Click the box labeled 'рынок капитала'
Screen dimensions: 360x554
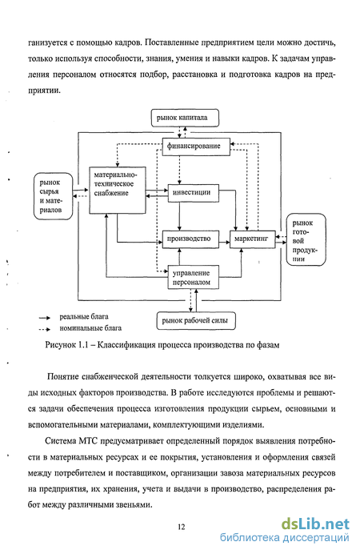(x=185, y=118)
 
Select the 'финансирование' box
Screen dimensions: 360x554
(x=196, y=146)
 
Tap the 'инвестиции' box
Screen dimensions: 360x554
(x=194, y=193)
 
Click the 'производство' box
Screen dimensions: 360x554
(x=190, y=239)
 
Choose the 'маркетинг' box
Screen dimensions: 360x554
(x=253, y=239)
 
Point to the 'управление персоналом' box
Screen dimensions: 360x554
(x=194, y=277)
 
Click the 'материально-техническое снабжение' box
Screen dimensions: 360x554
(x=118, y=190)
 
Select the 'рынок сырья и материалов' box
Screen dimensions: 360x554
(x=53, y=196)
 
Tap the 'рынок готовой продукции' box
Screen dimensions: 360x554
(x=306, y=239)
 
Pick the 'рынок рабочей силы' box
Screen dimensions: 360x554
(x=196, y=321)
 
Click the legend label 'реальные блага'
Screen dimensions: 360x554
(x=84, y=316)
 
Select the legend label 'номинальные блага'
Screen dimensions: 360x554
(x=90, y=328)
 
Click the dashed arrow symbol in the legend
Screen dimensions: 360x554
(x=45, y=329)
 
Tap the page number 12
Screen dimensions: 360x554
(x=181, y=527)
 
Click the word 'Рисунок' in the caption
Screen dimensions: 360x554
(x=60, y=345)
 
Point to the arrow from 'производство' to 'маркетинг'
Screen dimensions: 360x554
(x=225, y=243)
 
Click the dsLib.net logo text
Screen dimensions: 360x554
(x=315, y=524)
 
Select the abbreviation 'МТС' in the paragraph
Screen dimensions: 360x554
(x=88, y=441)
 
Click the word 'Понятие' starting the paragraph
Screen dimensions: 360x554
(x=63, y=377)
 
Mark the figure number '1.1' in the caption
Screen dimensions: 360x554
(x=82, y=345)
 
